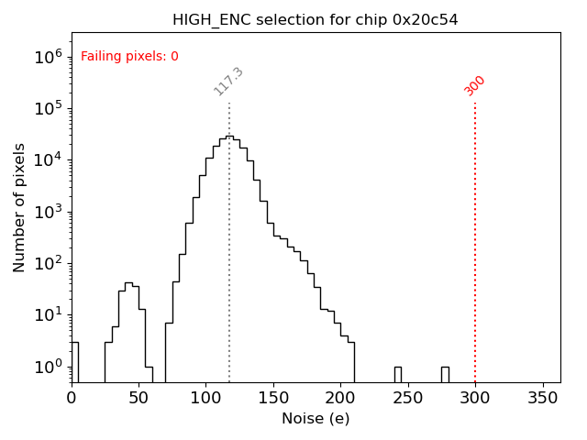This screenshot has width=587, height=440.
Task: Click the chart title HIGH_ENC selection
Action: coord(316,19)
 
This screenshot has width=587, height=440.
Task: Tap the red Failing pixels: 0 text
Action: coord(129,57)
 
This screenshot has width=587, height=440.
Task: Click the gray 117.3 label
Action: coord(228,81)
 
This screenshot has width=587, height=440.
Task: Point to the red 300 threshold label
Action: coord(475,85)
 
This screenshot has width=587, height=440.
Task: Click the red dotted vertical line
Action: coord(475,238)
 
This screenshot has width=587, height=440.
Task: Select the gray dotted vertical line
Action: coord(229,275)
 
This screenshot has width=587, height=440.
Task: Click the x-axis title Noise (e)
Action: coord(316,419)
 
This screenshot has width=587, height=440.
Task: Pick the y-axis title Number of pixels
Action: coord(20,207)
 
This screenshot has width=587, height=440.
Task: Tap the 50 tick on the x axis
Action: coord(138,399)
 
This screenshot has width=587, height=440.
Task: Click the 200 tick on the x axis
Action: coord(340,399)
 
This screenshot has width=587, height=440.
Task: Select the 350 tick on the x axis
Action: coord(542,399)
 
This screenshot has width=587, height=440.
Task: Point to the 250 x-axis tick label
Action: coord(407,399)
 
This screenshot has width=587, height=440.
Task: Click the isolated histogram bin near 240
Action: coord(398,374)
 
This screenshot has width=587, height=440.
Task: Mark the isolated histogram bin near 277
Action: coord(445,374)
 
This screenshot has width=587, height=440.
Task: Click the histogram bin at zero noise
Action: coord(74,362)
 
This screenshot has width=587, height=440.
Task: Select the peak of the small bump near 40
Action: coord(128,283)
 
